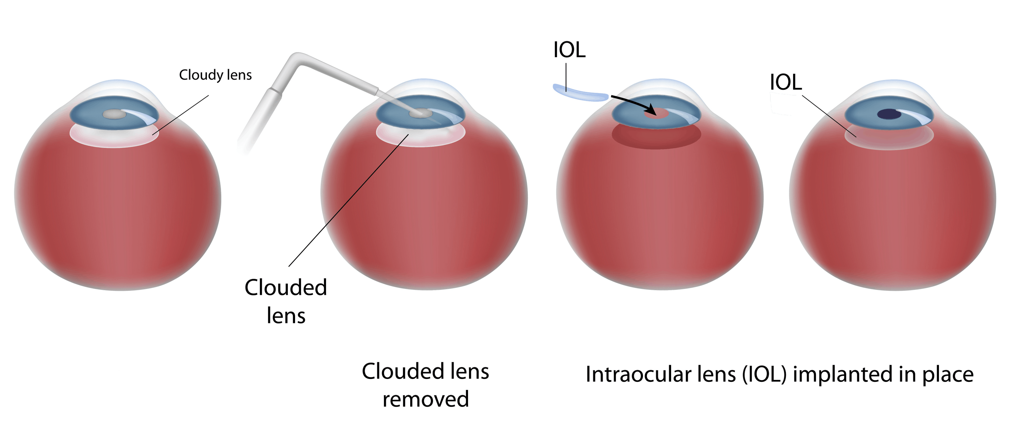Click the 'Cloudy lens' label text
pyautogui.click(x=215, y=75)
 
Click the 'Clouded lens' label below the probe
pyautogui.click(x=286, y=301)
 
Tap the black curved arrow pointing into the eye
pyautogui.click(x=632, y=103)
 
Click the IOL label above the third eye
pyautogui.click(x=569, y=50)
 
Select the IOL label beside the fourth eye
pyautogui.click(x=785, y=82)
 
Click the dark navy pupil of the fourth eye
pyautogui.click(x=889, y=114)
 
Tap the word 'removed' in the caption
pyautogui.click(x=425, y=399)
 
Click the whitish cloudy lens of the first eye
pyautogui.click(x=114, y=137)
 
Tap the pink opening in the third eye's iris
pyautogui.click(x=656, y=113)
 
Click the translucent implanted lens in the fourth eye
pyautogui.click(x=889, y=139)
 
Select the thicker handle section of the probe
pyautogui.click(x=259, y=118)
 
